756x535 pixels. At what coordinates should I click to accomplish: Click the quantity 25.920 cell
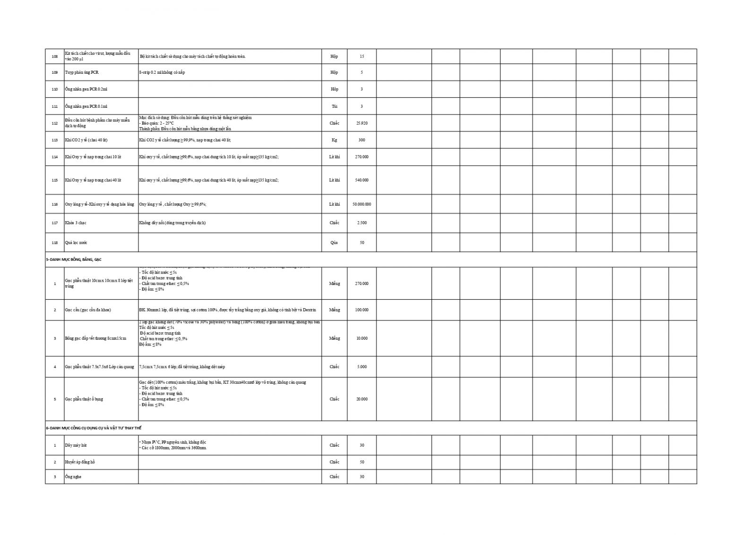click(361, 123)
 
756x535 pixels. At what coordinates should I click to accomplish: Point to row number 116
click(55, 204)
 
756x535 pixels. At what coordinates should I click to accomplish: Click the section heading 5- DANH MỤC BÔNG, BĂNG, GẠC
click(74, 259)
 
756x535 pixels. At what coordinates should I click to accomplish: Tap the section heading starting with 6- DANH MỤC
click(90, 428)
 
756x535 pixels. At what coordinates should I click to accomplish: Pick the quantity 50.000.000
click(361, 204)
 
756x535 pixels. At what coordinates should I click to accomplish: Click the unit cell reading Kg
click(334, 140)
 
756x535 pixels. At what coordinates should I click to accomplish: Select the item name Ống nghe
click(73, 476)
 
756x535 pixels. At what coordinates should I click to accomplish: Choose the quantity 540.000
click(361, 180)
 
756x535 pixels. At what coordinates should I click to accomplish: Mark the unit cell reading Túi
click(334, 106)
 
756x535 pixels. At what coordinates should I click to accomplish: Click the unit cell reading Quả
click(334, 242)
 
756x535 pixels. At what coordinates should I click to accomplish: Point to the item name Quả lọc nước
click(76, 242)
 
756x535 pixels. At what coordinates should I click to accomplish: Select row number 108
click(55, 56)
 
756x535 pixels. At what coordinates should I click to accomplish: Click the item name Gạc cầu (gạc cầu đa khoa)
click(88, 310)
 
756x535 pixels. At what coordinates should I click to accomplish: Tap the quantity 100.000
click(361, 310)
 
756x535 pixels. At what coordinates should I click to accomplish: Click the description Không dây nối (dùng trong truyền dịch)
click(172, 223)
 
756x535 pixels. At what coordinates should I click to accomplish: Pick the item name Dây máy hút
click(76, 445)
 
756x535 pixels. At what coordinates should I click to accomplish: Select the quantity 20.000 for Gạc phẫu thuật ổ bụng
click(361, 399)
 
